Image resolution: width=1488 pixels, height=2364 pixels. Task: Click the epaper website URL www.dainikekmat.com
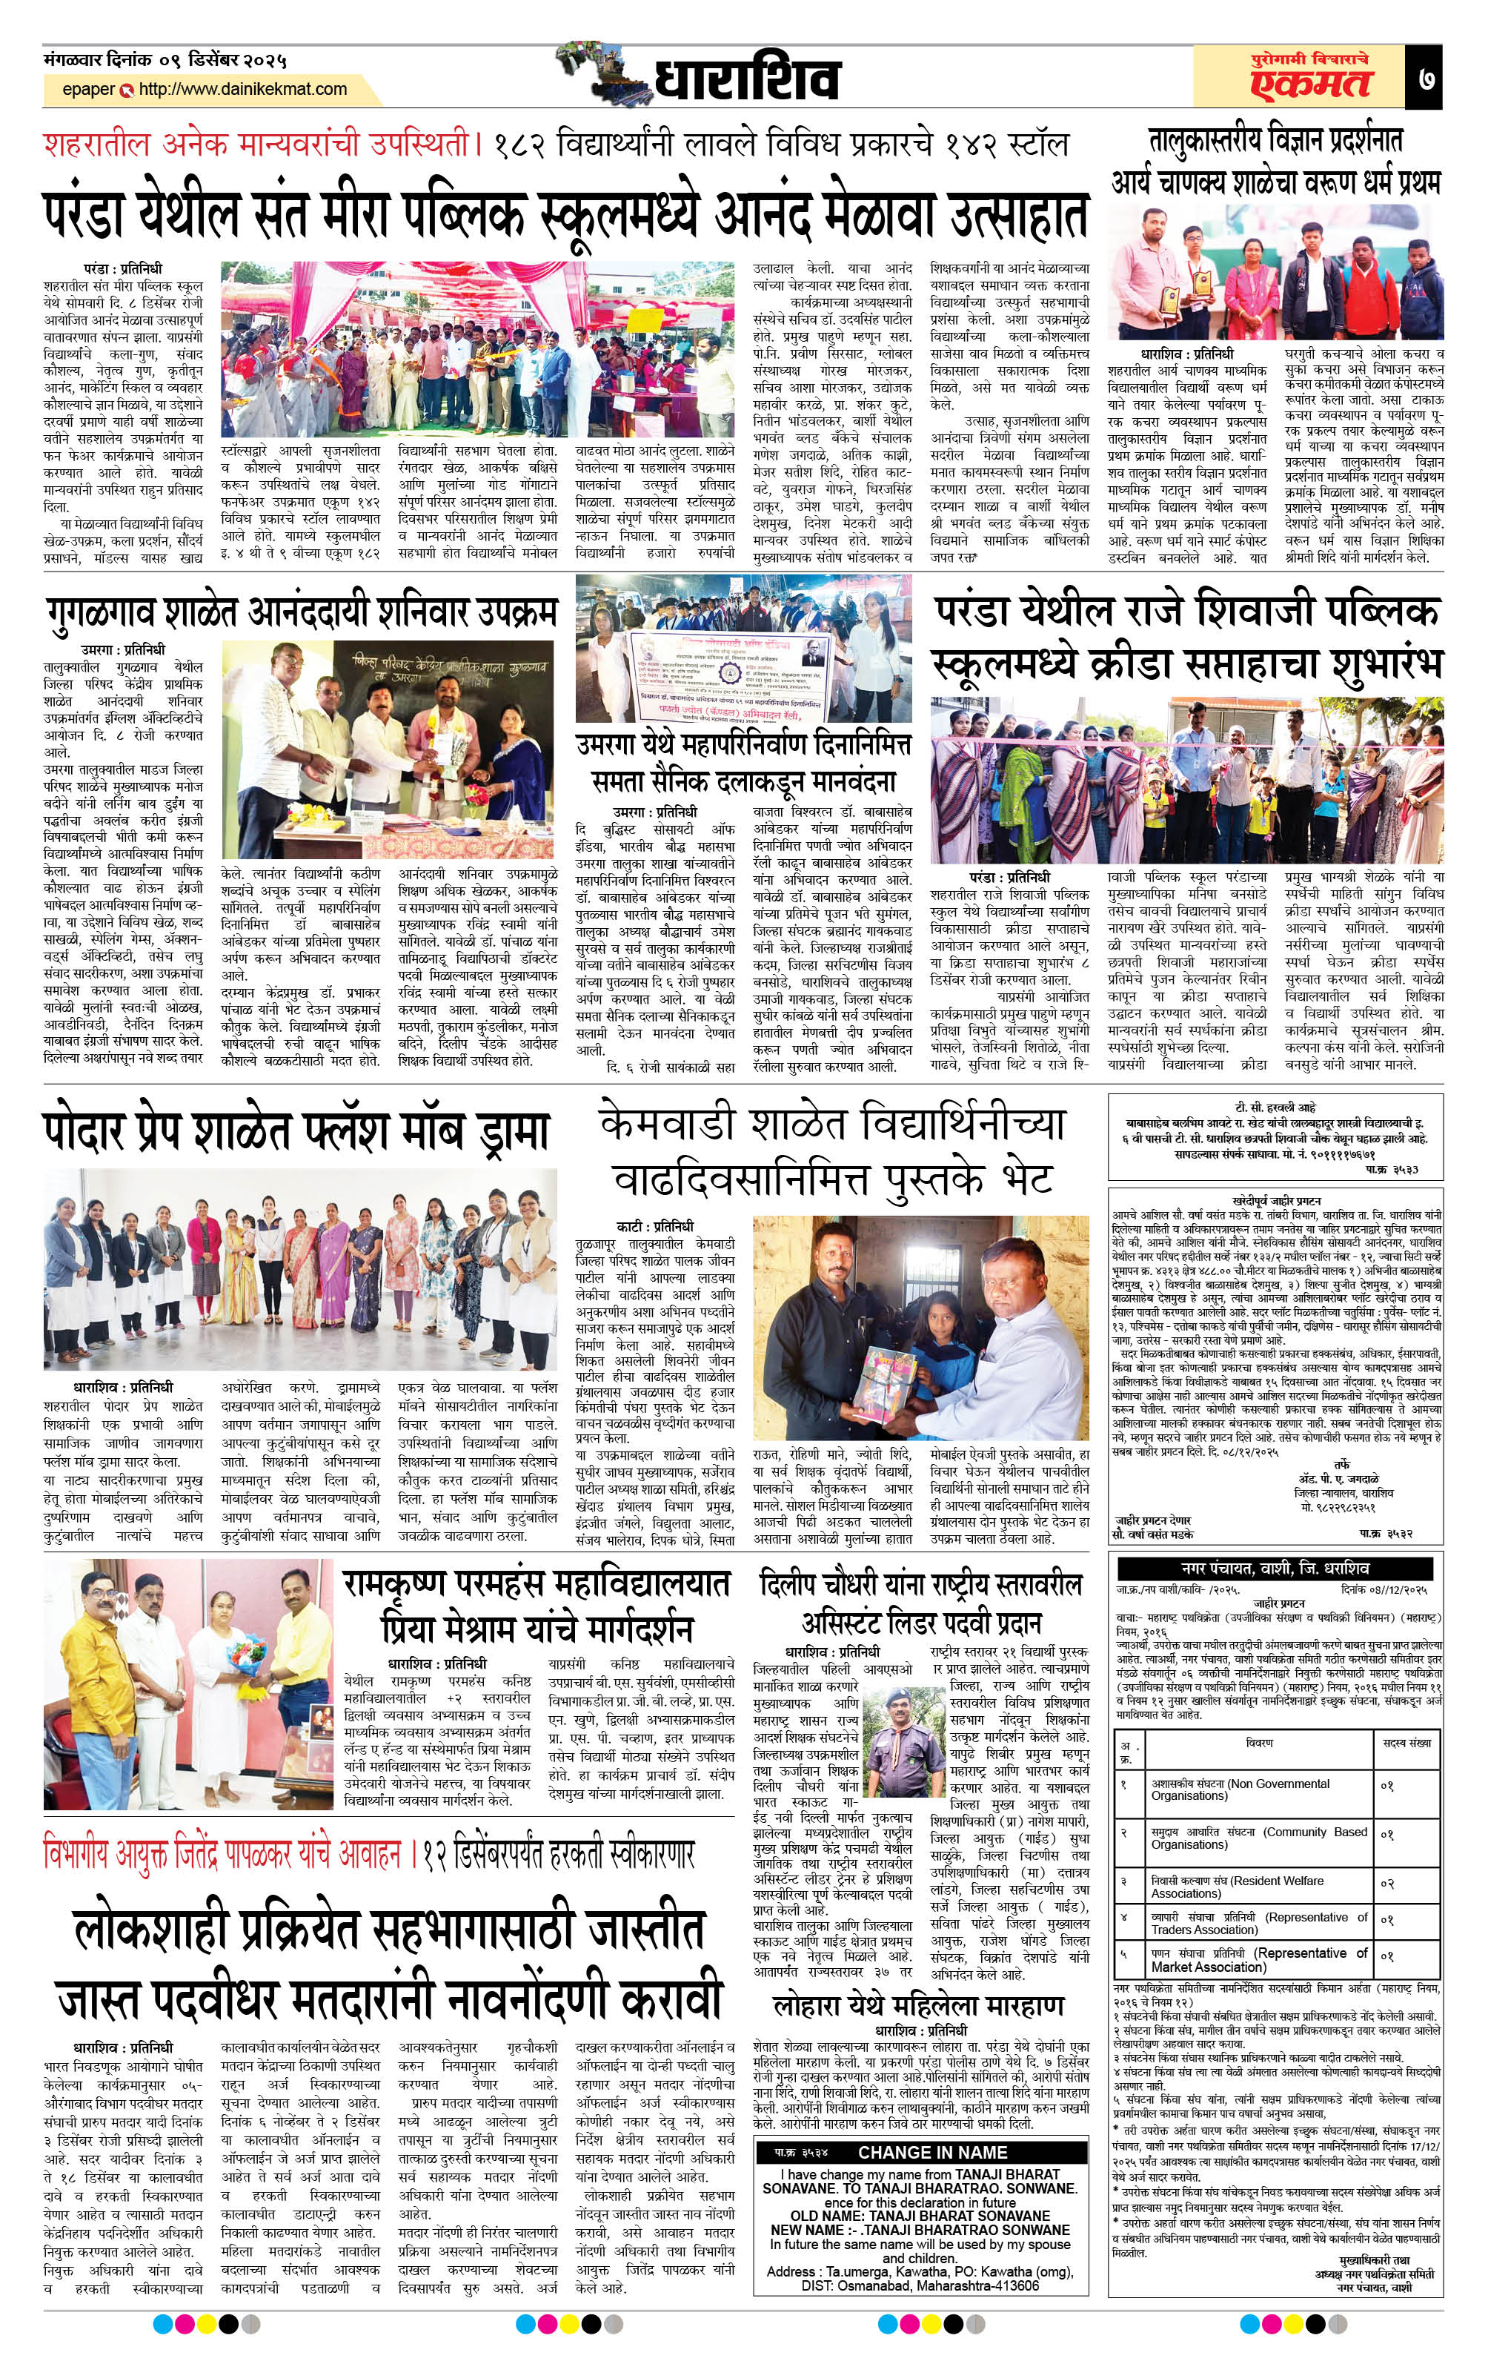242,90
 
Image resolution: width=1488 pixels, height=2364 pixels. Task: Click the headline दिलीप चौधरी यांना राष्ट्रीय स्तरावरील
920,1584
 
